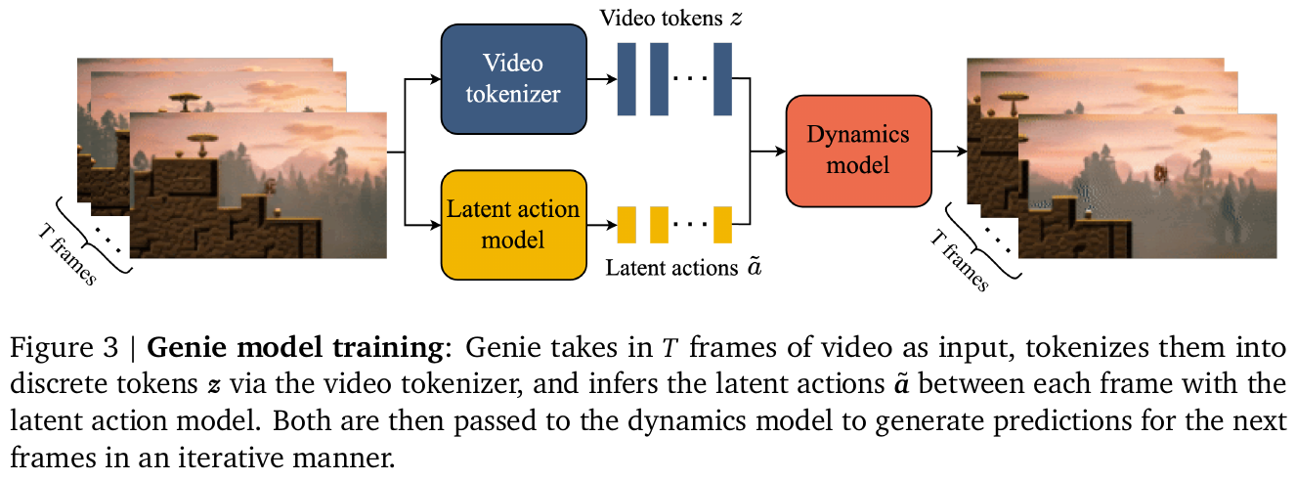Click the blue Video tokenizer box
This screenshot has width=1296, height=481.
pos(513,78)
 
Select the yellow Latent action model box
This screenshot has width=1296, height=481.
pos(513,224)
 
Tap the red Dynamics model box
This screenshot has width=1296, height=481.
pos(857,151)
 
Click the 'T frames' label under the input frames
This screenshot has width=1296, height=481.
pos(67,251)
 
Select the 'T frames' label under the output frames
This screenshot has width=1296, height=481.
pos(957,256)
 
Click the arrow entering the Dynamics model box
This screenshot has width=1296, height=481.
pos(772,152)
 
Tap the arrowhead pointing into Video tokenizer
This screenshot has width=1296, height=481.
pos(434,79)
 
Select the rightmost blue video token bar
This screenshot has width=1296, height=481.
pos(722,78)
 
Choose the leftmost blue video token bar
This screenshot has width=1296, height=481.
pos(626,78)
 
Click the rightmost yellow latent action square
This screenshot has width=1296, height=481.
pos(722,225)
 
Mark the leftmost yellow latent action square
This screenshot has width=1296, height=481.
pos(626,225)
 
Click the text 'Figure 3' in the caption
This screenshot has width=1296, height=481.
pos(54,348)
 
